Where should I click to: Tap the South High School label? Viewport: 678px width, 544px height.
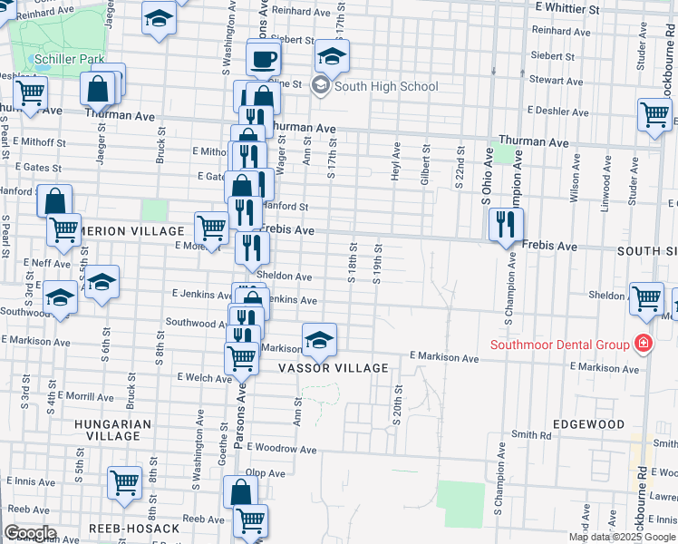coord(386,87)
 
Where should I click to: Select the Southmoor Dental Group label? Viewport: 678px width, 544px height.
coord(560,344)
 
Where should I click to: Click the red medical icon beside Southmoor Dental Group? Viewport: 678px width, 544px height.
coord(643,343)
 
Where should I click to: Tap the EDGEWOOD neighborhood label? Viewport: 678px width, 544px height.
coord(589,424)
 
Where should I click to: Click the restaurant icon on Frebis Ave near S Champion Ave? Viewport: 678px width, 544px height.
coord(506,225)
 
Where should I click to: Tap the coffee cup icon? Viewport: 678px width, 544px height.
coord(264,60)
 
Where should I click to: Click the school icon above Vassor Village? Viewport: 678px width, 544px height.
coord(318,340)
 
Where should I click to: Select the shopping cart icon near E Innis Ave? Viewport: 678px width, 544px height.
coord(124,482)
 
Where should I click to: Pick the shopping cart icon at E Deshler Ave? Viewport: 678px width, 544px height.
coord(654,115)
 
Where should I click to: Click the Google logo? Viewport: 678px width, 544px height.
coord(30,533)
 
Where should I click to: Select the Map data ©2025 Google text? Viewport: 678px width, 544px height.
coord(622,537)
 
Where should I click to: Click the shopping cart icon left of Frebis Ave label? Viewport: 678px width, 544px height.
coord(211,228)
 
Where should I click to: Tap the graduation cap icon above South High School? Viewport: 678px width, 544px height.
coord(332,57)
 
